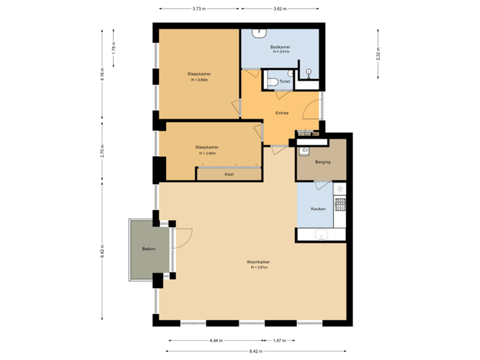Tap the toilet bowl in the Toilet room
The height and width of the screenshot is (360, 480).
pos(272,81)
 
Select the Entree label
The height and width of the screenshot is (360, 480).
pos(282,113)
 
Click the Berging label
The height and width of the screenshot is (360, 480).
pos(323,162)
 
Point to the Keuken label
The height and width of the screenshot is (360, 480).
pos(318,209)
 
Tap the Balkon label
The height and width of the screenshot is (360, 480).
pos(149,249)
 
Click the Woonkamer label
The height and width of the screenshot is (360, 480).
pos(258,261)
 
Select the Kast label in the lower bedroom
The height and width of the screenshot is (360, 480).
pos(229,174)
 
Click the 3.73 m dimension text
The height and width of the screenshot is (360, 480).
pos(199,9)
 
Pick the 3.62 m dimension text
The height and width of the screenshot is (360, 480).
pos(280,9)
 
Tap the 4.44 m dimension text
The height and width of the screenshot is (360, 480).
pos(215,340)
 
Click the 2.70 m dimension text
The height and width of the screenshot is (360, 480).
pos(102,151)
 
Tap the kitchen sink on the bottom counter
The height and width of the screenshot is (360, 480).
pos(323,235)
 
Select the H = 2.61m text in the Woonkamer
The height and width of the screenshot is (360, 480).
pos(258,267)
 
